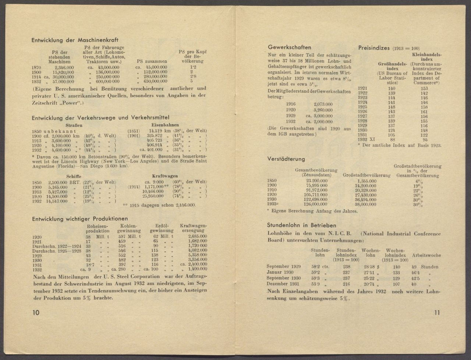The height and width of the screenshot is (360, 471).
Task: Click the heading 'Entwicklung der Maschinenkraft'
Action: point(75,40)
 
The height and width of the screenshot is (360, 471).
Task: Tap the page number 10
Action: point(36,313)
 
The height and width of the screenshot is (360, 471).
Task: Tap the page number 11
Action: point(437,313)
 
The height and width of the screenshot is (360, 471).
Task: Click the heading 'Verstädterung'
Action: point(286,159)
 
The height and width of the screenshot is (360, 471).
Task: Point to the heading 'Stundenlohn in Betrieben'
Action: point(301,225)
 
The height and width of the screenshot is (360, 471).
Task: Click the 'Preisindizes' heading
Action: point(374,48)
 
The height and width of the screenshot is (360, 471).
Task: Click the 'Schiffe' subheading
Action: point(74,177)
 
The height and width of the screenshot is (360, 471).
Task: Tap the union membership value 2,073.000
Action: point(323,104)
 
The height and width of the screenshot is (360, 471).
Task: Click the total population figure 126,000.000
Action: point(314,204)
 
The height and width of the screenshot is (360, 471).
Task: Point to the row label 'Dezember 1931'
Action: point(284,284)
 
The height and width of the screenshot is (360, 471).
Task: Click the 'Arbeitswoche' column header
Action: point(426,255)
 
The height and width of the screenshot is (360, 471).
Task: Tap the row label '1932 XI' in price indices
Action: point(367,140)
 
